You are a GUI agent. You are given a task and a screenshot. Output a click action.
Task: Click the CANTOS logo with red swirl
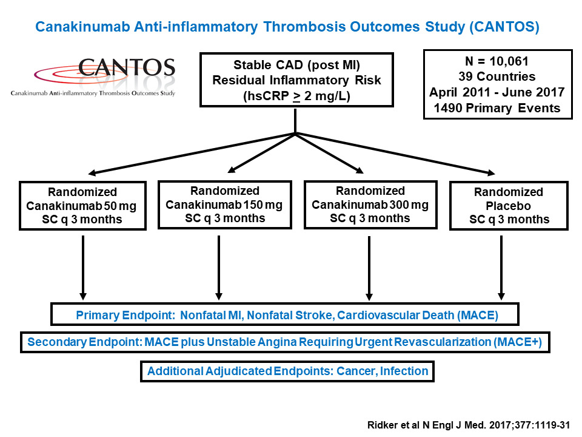(93, 76)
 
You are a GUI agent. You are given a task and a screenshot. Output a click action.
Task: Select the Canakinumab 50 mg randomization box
(83, 206)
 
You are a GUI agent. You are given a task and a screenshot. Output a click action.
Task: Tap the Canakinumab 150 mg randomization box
(225, 205)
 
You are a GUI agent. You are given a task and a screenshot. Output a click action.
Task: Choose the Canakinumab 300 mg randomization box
(370, 205)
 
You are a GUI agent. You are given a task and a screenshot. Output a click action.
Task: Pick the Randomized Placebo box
(509, 206)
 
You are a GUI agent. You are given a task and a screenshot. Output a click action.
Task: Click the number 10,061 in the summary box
(509, 61)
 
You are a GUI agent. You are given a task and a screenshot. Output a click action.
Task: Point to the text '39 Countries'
(497, 76)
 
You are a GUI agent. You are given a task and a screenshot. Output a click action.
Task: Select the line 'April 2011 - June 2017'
(497, 92)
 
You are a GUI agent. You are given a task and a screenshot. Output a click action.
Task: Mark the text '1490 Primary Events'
(497, 108)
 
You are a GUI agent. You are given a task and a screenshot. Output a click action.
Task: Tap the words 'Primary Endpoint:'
(125, 315)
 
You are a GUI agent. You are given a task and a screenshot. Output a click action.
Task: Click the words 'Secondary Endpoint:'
(85, 342)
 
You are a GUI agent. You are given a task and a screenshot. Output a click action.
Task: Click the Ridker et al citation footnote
(469, 425)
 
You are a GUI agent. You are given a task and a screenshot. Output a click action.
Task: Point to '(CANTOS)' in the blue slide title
(504, 27)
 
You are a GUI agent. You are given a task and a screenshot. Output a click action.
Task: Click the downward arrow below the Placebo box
(501, 268)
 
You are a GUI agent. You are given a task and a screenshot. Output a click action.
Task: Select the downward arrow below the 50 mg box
(83, 268)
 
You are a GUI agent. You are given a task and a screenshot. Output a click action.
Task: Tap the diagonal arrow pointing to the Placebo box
(395, 153)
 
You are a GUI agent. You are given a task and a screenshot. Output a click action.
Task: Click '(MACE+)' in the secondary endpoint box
(517, 342)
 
